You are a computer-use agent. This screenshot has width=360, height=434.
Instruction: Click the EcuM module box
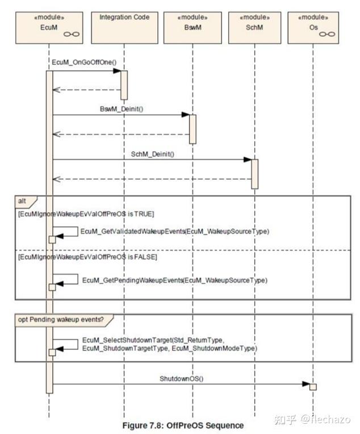coord(49,28)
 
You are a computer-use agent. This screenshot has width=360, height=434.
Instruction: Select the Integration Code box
coord(124,28)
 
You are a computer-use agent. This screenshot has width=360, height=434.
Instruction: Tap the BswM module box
coord(192,28)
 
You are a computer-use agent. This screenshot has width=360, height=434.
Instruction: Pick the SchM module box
coord(254,28)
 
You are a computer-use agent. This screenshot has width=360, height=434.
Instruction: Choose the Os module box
coord(313,28)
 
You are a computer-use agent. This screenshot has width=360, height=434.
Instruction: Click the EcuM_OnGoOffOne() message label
coord(84,62)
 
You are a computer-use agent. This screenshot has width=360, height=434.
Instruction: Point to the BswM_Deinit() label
coord(122,108)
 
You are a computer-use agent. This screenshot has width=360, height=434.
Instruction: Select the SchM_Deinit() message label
coord(153,154)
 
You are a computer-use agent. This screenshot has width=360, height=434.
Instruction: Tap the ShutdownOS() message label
coord(182,378)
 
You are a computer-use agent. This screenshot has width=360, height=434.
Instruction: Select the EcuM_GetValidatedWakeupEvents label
coord(175,231)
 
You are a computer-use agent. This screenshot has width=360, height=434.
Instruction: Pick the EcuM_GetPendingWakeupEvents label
coord(175,280)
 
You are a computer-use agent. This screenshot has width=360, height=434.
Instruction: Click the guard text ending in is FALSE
coord(87,257)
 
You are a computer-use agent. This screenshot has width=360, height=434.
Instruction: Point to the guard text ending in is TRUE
coord(86,214)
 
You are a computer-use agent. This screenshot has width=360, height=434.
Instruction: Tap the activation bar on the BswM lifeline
coord(192,130)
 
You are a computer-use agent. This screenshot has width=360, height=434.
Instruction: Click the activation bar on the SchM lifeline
coord(254,174)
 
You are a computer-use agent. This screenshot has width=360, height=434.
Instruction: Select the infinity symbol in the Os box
coord(327,34)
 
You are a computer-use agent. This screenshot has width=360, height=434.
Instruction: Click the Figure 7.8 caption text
coord(183,425)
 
